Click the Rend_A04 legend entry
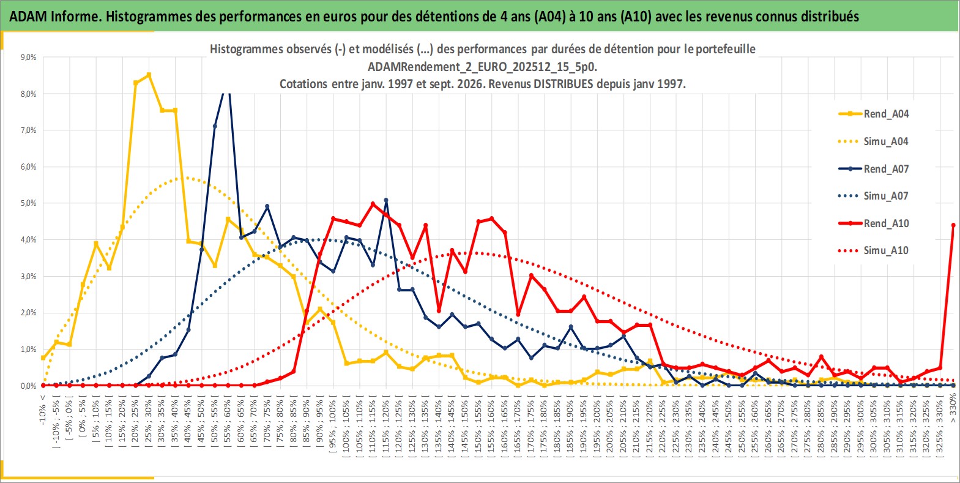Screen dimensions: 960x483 [874, 114]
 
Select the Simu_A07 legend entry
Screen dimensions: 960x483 [874, 196]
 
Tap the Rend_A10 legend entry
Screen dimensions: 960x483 [874, 223]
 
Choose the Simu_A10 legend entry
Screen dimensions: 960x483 [874, 250]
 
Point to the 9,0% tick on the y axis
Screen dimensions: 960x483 [28, 57]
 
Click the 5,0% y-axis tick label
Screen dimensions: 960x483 [28, 203]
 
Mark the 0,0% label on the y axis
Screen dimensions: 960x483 [28, 386]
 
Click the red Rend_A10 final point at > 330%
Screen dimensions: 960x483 [953, 225]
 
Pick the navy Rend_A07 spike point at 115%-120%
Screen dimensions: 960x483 [386, 200]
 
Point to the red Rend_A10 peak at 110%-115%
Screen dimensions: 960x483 [373, 204]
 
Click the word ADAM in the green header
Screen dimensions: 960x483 [28, 17]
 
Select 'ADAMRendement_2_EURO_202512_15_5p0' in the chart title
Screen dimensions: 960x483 [482, 67]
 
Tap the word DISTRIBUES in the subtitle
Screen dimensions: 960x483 [563, 84]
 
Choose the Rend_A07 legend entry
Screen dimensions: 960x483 [874, 169]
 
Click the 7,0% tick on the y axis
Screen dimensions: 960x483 [28, 130]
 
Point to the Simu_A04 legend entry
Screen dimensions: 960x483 [874, 141]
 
